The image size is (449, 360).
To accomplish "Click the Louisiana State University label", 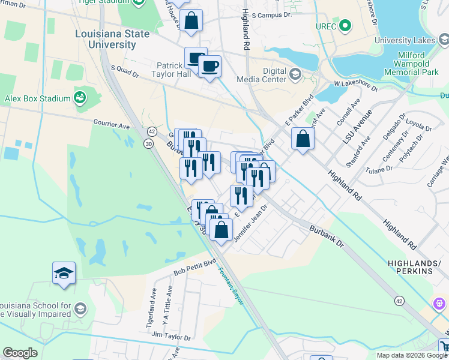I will coord(112,39).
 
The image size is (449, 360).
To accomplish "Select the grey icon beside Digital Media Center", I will coord(295,74).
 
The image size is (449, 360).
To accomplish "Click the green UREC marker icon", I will coord(345,26).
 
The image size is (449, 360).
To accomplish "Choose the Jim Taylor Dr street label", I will coord(171,337).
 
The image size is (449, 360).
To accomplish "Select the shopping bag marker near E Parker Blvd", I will coord(303,139).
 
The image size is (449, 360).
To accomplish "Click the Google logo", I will coord(20,353).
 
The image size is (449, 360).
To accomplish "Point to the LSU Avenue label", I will coord(360,138).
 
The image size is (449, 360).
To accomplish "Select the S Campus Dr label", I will coord(272,14).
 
